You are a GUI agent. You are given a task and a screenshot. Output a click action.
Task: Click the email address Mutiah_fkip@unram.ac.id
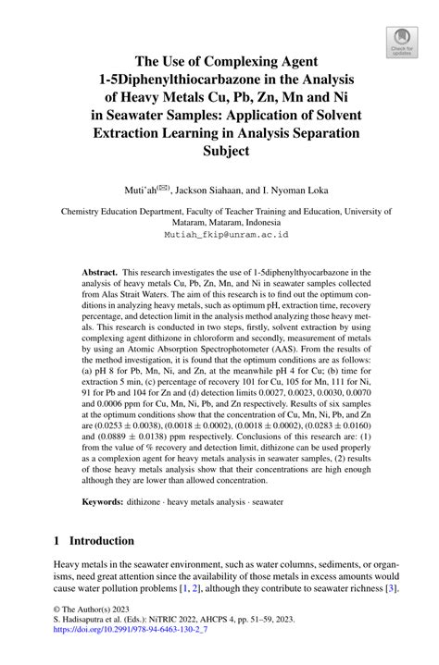coord(219,235)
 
